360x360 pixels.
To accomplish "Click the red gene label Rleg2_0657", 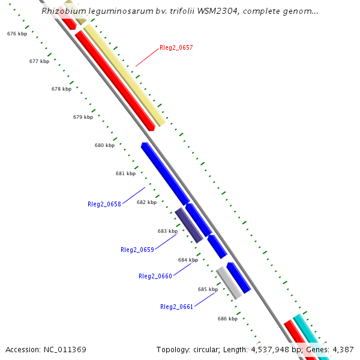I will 176,47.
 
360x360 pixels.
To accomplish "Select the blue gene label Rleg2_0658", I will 104,204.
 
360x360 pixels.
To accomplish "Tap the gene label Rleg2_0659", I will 137,250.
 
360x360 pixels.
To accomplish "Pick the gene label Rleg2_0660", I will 155,276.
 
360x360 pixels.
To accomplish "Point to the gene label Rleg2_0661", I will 177,307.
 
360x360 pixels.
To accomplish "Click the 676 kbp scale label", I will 17,34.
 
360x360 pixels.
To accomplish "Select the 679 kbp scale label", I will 83,117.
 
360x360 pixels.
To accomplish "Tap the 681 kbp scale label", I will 125,173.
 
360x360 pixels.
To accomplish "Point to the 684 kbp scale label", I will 188,260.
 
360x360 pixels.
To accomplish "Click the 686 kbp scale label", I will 227,319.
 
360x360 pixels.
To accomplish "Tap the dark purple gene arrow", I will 188,225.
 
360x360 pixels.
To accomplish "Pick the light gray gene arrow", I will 229,282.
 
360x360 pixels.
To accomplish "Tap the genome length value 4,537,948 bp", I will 277,349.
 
